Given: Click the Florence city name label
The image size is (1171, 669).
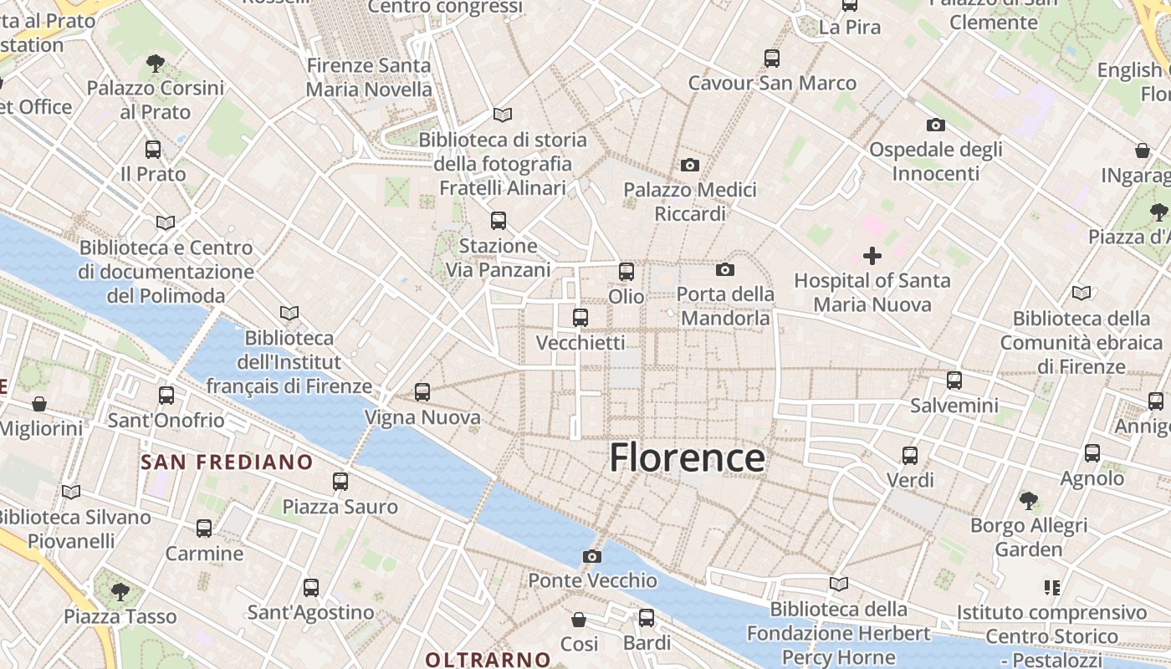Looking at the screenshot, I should [x=687, y=458].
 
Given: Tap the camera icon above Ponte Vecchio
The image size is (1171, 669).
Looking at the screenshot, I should [x=592, y=556].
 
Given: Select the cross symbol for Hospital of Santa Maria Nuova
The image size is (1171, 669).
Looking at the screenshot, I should [x=872, y=256].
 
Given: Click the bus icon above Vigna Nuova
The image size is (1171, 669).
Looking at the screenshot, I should [x=422, y=391].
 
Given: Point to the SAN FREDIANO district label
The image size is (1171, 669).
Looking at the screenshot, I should [x=227, y=462].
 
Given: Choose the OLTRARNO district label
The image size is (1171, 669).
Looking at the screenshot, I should [x=488, y=659].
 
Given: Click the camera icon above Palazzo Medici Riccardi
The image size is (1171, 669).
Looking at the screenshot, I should [x=690, y=165].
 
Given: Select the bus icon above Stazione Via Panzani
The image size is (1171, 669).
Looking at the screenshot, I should [x=499, y=221].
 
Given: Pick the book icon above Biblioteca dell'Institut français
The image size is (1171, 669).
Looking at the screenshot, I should [x=289, y=313].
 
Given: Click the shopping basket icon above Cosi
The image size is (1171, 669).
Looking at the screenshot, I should [x=579, y=620].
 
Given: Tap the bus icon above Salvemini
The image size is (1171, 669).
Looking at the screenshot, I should [x=954, y=380].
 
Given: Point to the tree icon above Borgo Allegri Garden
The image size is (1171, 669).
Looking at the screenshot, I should [x=1029, y=501].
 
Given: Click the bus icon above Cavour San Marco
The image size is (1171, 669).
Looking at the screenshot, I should [x=772, y=59].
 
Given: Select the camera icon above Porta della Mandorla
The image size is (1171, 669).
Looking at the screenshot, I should [x=725, y=269].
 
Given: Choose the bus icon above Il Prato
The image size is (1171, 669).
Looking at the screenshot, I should [x=153, y=150].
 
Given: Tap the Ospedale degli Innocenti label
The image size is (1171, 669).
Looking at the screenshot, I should [x=936, y=161].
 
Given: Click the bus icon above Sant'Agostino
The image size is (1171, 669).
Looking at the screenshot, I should [x=311, y=588].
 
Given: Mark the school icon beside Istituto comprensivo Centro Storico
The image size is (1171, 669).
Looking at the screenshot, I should [x=1051, y=588].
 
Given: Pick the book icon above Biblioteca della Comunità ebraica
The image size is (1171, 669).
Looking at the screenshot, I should [x=1082, y=294].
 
